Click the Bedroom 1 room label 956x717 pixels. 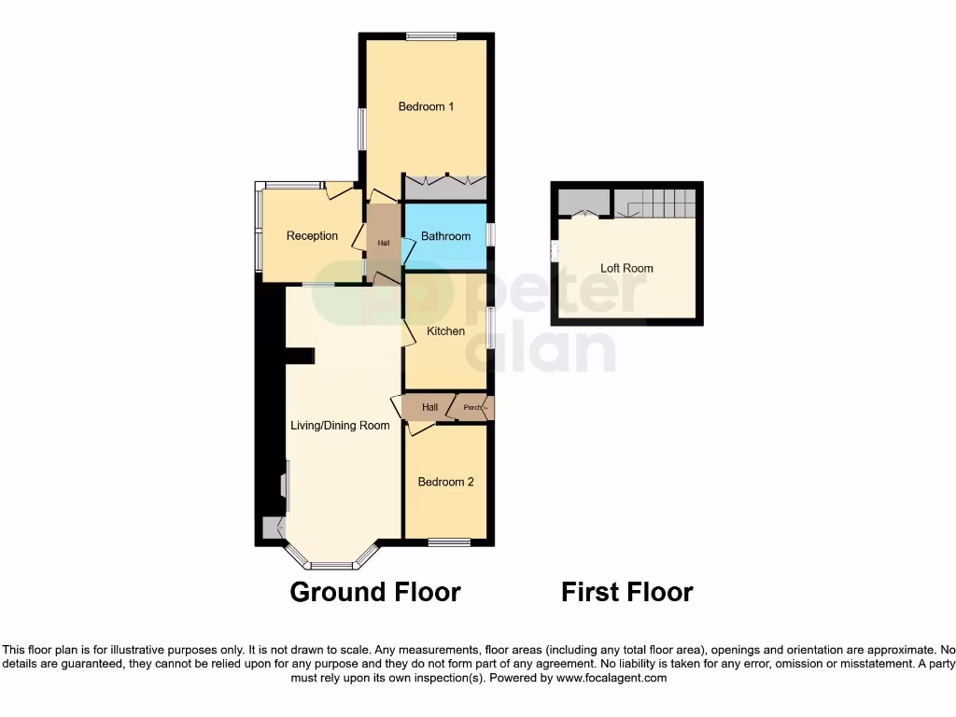[x=426, y=106]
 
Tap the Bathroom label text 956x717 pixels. [x=445, y=236]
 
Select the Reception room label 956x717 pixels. [x=312, y=235]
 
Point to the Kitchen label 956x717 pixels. [x=445, y=331]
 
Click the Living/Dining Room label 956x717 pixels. [x=340, y=426]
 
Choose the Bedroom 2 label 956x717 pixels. [x=445, y=482]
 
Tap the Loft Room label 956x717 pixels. [x=626, y=268]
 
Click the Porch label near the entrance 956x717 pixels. [x=472, y=408]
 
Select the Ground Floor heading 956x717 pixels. [x=375, y=592]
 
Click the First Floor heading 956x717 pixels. [x=626, y=592]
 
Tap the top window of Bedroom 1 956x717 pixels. [x=431, y=36]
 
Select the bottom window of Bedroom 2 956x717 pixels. [x=450, y=541]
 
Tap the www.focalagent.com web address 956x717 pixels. [x=612, y=678]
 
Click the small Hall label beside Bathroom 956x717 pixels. [x=383, y=243]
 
